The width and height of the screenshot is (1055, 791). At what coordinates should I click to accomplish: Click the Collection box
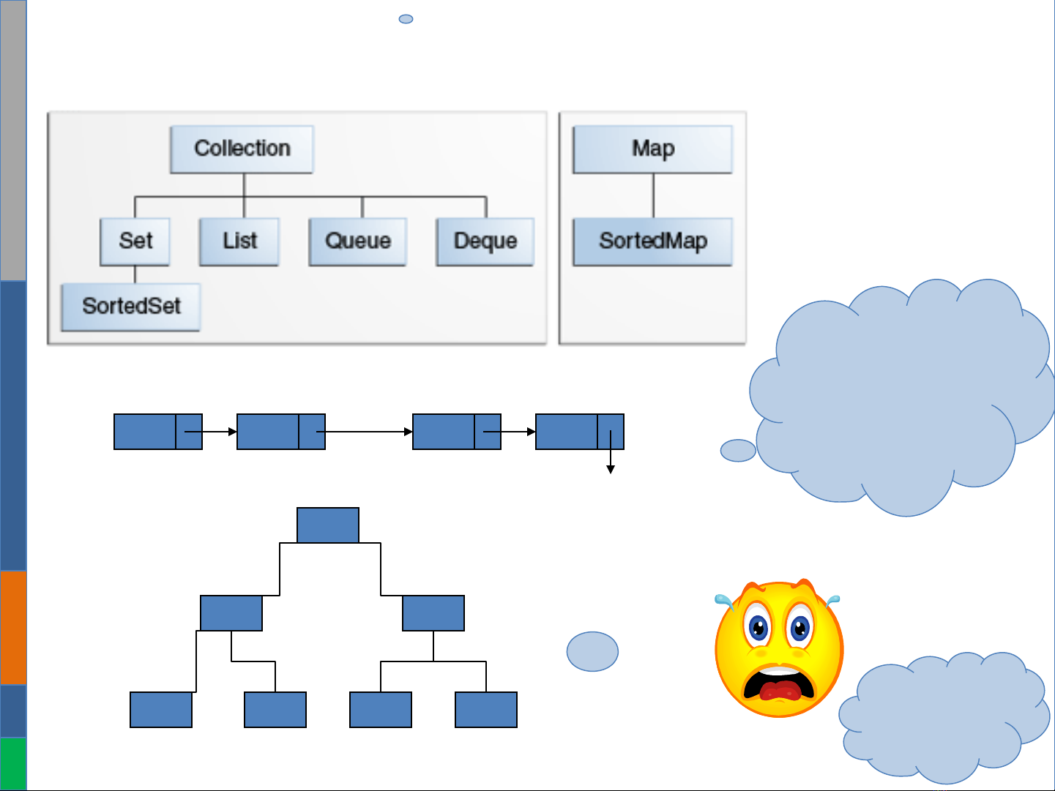coord(242,149)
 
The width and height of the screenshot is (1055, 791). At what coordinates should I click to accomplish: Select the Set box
coord(135,241)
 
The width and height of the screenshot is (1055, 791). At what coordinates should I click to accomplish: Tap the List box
coord(239,241)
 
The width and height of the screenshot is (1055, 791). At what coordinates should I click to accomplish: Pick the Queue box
coord(357,241)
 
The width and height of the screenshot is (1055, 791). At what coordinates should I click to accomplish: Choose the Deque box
coord(485,241)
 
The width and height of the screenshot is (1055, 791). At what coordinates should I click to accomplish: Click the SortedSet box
coord(131,307)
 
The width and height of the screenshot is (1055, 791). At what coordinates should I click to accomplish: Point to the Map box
coord(652,149)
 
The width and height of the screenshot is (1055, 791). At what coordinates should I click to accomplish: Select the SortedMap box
coord(652,241)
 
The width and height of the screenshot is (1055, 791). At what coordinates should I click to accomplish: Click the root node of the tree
coord(328,525)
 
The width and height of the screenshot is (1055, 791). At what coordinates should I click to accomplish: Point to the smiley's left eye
coord(758,626)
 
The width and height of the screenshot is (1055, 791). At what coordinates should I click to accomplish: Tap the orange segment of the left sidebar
coord(13,628)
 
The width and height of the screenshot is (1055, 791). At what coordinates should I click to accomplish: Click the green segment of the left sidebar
coord(13,763)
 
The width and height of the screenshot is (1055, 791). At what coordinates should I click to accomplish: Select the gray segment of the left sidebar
coord(13,139)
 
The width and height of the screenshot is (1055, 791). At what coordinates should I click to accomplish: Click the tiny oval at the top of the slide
coord(406,19)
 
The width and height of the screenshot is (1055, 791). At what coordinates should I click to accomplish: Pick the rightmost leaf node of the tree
coord(486,710)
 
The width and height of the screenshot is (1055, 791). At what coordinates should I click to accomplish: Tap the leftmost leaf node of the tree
coord(161,710)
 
